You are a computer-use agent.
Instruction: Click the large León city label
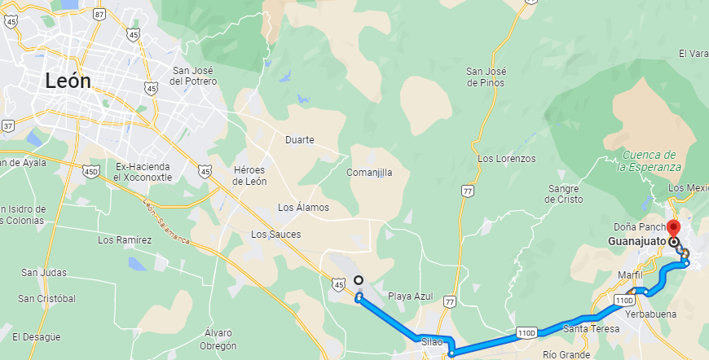(x=68, y=81)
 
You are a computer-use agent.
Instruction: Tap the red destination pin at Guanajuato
(x=673, y=227)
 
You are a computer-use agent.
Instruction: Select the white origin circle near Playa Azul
(x=359, y=281)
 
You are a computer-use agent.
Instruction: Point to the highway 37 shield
(x=8, y=125)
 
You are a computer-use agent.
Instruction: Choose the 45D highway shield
(x=91, y=171)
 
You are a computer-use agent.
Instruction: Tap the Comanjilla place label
(x=369, y=173)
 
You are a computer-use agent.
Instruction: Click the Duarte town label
(x=300, y=139)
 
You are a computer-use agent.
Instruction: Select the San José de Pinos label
(x=486, y=77)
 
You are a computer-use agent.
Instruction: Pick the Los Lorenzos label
(x=507, y=159)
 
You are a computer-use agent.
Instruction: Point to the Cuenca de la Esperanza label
(x=648, y=160)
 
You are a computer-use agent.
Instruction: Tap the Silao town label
(x=432, y=342)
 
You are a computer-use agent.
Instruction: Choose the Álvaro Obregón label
(x=219, y=338)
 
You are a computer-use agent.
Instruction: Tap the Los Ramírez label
(x=125, y=240)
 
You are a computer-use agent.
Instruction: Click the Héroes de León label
(x=249, y=175)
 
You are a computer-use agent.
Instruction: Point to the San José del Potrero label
(x=194, y=76)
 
